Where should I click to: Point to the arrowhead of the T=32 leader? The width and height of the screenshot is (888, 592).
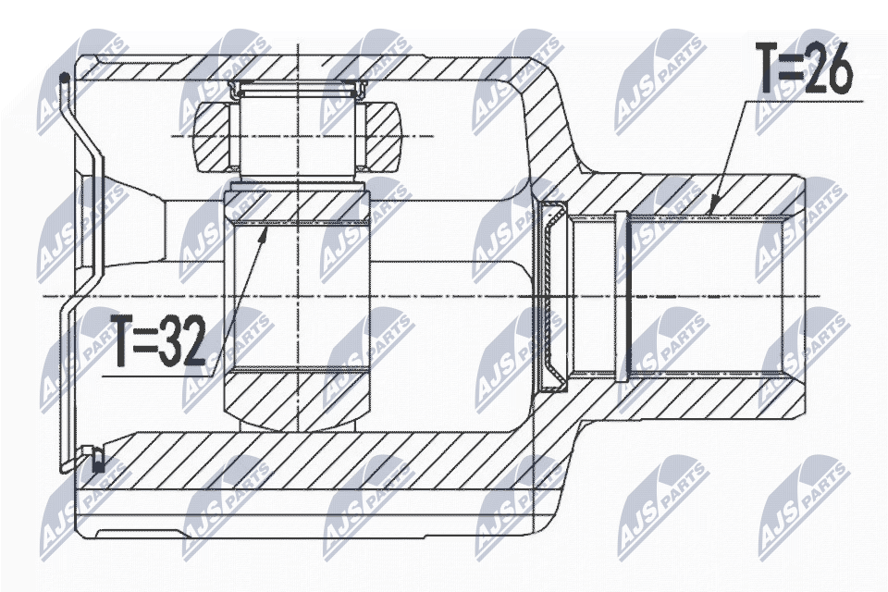(266, 229)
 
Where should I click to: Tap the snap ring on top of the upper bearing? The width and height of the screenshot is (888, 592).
(299, 89)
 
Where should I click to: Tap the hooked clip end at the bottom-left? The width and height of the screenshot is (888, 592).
(93, 456)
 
